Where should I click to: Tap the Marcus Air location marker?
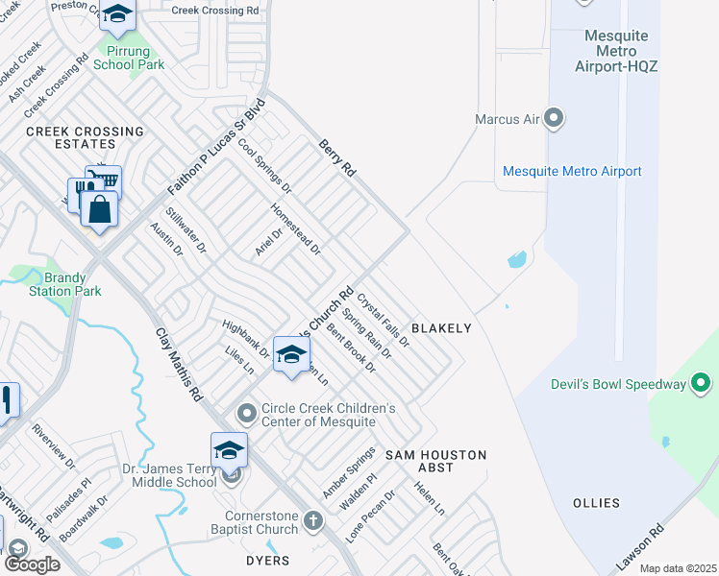coord(554,119)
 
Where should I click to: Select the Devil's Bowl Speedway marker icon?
coord(702,384)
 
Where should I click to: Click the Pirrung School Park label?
coord(129,57)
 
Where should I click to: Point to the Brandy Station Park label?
coord(64,283)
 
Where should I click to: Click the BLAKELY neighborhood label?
coord(441,328)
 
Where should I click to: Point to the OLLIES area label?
coord(598,503)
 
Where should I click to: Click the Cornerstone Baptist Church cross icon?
coord(312,520)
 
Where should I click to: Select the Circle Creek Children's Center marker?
coord(247,414)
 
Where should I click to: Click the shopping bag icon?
coord(99,207)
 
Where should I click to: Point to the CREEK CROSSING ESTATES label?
coord(85,138)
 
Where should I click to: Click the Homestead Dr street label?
coord(296,228)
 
